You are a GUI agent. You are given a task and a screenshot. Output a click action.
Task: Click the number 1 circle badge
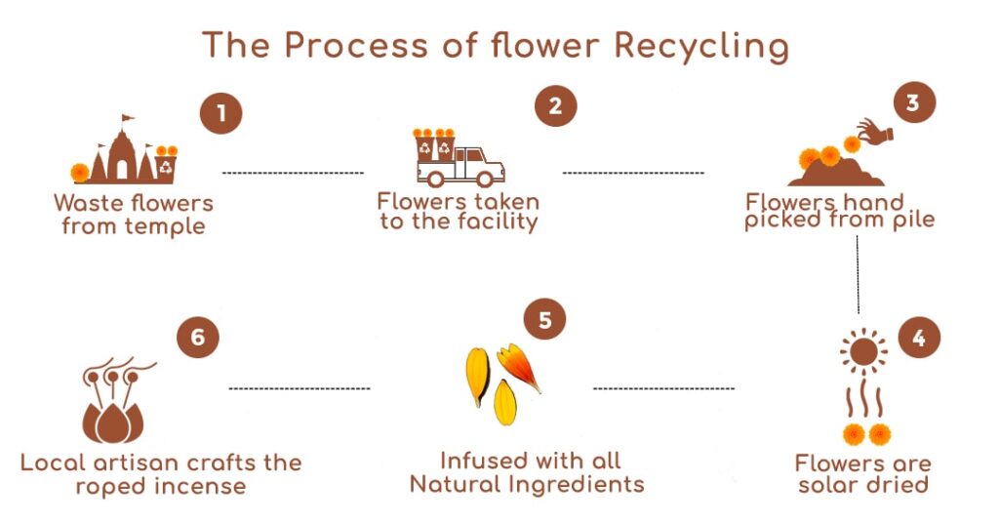click(x=221, y=115)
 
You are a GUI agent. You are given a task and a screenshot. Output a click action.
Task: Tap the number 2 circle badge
click(x=555, y=104)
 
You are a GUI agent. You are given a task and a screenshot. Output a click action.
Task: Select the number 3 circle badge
click(x=913, y=103)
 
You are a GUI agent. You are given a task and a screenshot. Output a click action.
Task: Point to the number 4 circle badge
click(x=918, y=338)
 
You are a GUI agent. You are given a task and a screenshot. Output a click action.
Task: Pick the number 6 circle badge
click(x=198, y=337)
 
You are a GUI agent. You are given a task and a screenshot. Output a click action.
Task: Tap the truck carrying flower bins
click(x=452, y=159)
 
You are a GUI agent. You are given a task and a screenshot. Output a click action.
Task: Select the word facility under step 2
click(x=496, y=222)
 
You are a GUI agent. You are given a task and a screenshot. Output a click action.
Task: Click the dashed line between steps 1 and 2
click(x=293, y=173)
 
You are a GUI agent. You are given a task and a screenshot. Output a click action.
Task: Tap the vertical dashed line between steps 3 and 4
click(x=859, y=274)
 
